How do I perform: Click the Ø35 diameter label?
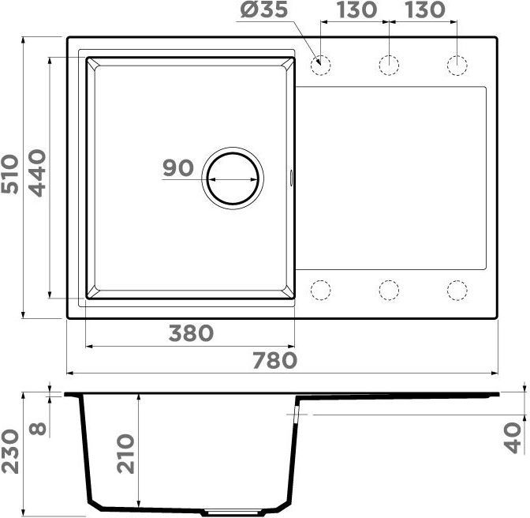point(264,9)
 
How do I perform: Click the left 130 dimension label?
point(356,9)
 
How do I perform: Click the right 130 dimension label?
point(425,9)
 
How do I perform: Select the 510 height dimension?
point(9,175)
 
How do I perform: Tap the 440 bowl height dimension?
point(36,173)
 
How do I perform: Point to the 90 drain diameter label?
point(178,167)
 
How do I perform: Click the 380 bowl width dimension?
point(191,333)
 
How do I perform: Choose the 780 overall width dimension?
point(274,360)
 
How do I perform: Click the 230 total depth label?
point(9,452)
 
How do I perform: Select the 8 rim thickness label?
point(37,429)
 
